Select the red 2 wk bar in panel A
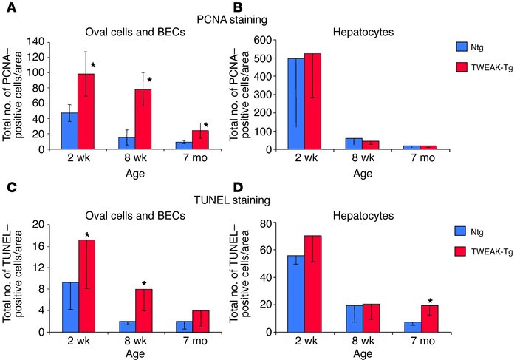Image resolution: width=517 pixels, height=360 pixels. click(87, 111)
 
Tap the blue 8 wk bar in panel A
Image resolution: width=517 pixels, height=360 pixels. click(126, 143)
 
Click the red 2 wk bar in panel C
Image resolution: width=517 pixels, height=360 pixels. click(88, 285)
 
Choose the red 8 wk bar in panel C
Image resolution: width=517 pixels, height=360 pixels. click(145, 310)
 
